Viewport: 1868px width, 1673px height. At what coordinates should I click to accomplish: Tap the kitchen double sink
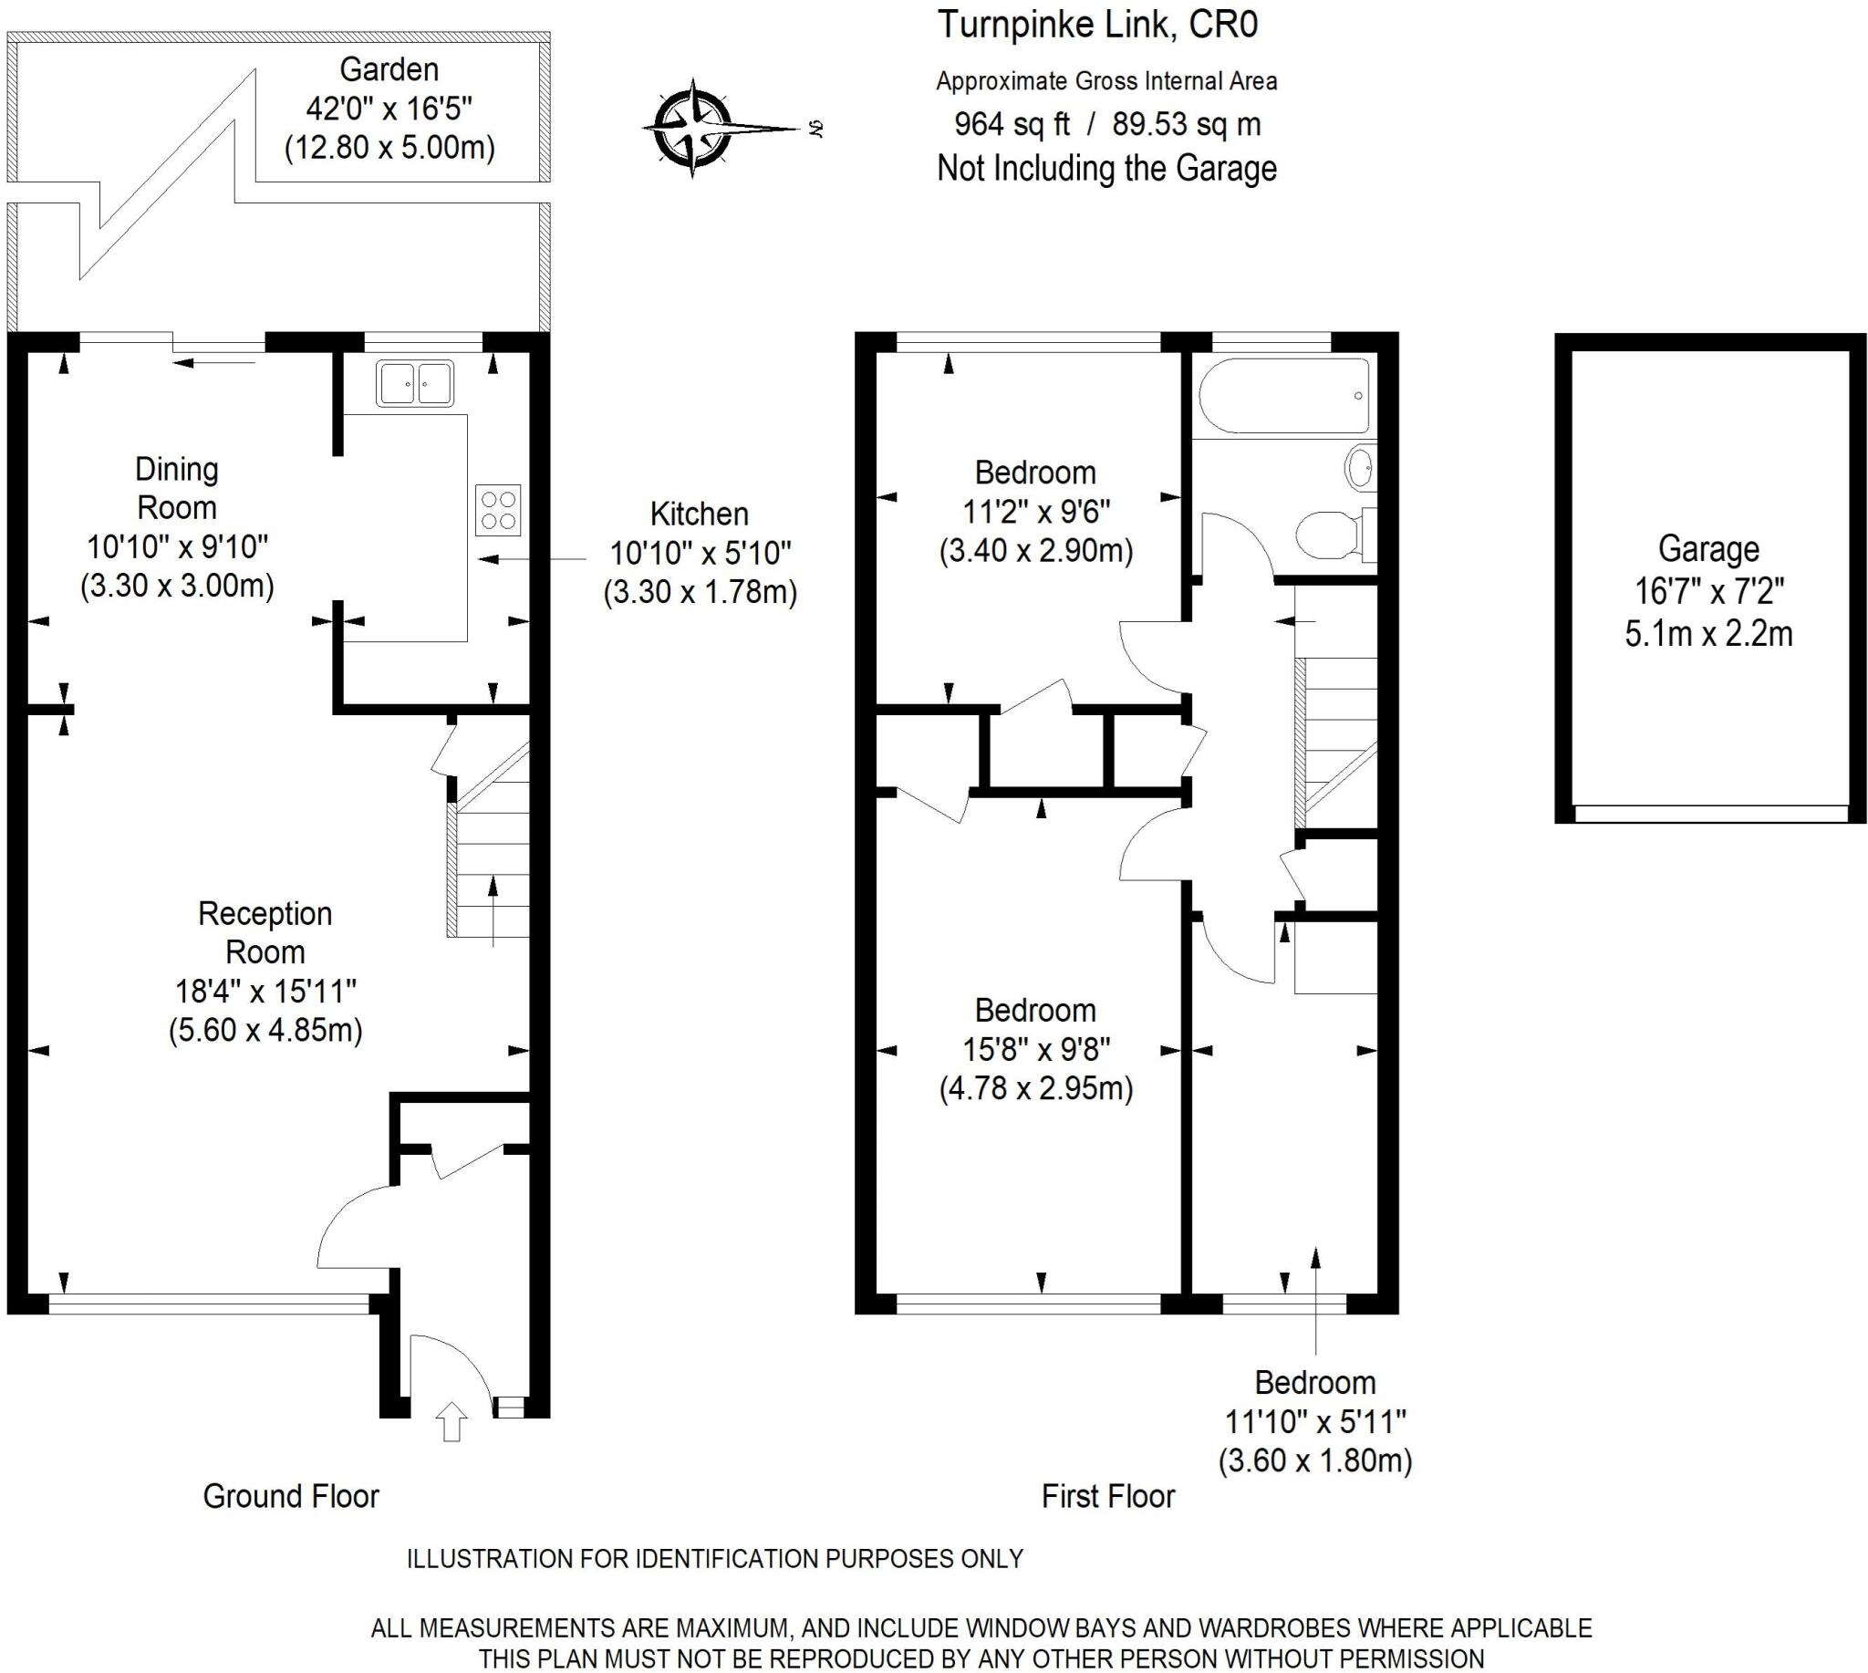(415, 383)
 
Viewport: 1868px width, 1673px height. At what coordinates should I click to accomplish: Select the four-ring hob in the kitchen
(498, 510)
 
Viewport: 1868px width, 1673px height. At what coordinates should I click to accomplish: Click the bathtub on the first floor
(1283, 396)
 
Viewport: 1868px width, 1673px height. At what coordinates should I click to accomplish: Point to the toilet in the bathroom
(1330, 534)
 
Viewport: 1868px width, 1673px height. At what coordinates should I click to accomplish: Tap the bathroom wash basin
(1360, 468)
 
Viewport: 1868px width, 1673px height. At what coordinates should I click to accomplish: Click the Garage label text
(1708, 549)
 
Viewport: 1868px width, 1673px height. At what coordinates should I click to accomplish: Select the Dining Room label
(177, 488)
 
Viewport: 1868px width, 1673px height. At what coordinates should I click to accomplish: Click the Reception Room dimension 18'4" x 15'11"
(265, 991)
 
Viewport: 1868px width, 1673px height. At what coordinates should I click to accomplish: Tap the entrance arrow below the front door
(451, 1420)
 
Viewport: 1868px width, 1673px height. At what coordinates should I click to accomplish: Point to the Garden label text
(389, 70)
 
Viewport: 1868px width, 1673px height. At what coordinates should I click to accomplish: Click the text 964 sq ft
(1012, 124)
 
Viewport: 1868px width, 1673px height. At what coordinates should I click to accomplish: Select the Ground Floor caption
(290, 1497)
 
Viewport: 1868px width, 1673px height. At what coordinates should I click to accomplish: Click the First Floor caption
(1107, 1497)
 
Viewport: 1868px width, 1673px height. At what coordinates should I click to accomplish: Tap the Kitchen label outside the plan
(699, 514)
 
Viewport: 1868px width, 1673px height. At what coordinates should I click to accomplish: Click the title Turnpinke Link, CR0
(1096, 25)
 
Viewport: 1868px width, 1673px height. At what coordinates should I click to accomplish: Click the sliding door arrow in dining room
(214, 363)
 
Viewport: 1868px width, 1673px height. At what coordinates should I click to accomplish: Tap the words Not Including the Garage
(1106, 169)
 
